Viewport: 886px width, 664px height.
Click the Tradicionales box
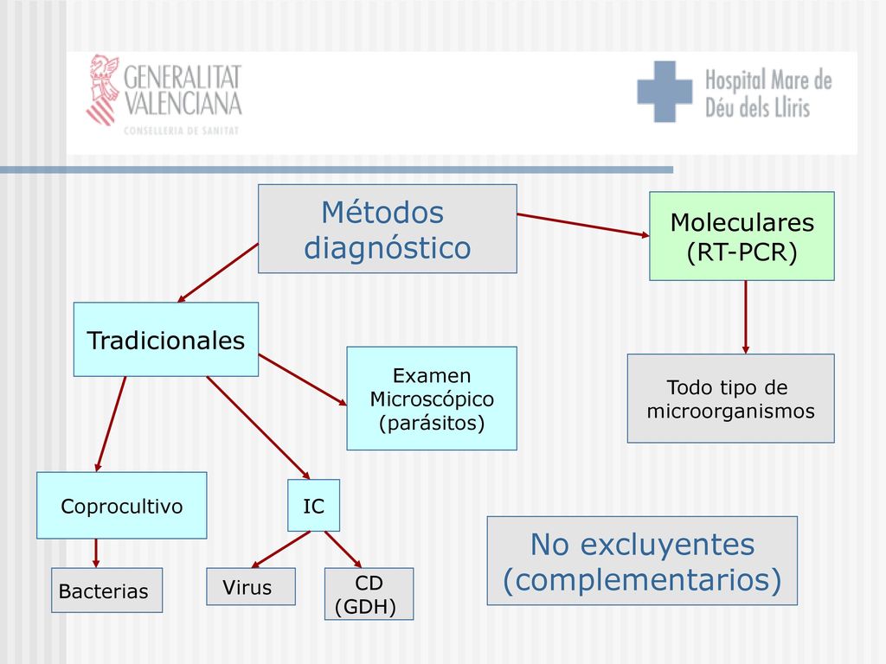tap(166, 339)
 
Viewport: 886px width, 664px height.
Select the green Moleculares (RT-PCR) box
tap(742, 236)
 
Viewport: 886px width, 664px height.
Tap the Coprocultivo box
tap(121, 505)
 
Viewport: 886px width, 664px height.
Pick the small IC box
tap(313, 505)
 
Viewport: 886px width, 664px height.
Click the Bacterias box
tap(106, 590)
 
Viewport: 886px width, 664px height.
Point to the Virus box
tap(251, 587)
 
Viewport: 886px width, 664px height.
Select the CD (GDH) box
tap(369, 594)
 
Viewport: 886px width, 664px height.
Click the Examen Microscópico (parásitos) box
tap(432, 399)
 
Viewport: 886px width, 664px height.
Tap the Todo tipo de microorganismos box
tap(730, 398)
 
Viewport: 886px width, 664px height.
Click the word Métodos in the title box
tap(382, 213)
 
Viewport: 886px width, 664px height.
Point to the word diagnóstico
tap(388, 247)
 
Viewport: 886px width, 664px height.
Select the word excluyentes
tap(667, 545)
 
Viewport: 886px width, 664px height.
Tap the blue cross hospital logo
tap(664, 92)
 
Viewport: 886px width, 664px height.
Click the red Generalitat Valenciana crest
tap(104, 89)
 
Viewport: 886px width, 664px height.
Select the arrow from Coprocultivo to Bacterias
tap(96, 553)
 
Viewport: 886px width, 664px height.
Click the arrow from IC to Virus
tap(281, 549)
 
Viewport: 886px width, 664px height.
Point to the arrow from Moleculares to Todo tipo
tap(746, 317)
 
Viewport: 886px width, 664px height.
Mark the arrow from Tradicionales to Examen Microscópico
tap(303, 380)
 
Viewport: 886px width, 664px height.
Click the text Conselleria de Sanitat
tap(182, 131)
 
